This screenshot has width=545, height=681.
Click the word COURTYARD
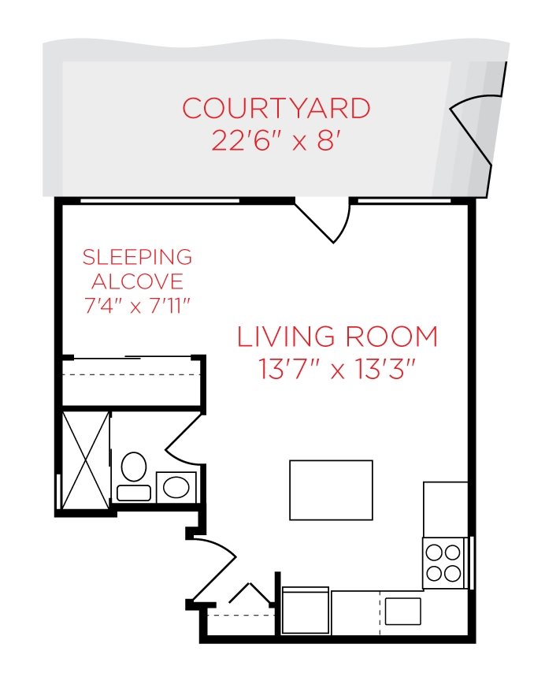pos(276,108)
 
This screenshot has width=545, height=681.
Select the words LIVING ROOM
pos(337,337)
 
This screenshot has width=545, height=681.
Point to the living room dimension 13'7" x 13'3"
pos(337,368)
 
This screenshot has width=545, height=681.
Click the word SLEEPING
pos(137,257)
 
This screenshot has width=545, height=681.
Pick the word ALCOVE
pos(137,281)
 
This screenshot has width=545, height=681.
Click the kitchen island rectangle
pos(331,490)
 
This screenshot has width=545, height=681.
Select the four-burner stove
pos(443,563)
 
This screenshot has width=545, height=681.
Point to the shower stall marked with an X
pos(85,460)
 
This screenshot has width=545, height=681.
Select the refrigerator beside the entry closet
pos(305,611)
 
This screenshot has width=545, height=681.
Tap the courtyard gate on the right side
pos(470,130)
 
